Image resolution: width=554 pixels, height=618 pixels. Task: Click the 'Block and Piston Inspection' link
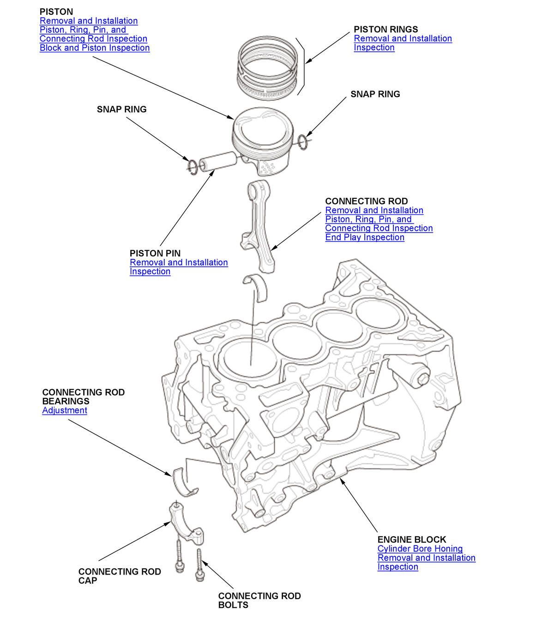[95, 48]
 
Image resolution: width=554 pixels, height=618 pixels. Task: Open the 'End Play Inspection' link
[365, 237]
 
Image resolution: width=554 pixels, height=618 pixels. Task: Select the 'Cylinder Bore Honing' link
[420, 549]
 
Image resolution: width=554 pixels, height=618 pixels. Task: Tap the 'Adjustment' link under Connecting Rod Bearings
[65, 410]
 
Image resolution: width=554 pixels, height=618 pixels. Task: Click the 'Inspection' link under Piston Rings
[374, 48]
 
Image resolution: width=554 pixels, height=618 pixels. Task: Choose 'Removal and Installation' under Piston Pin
[179, 263]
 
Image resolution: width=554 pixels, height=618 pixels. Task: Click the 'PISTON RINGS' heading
[385, 29]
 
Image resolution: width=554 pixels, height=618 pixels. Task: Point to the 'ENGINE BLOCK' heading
[412, 540]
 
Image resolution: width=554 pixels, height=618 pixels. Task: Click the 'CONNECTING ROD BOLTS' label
[259, 600]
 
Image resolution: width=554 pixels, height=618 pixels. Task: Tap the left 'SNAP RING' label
[121, 109]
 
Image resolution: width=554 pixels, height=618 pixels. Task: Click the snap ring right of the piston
[303, 142]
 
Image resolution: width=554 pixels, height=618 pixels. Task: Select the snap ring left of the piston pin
[193, 166]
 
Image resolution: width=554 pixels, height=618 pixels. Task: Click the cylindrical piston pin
[217, 162]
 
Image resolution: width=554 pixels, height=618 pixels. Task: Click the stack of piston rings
[267, 67]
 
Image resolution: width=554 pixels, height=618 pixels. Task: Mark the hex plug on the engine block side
[423, 379]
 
